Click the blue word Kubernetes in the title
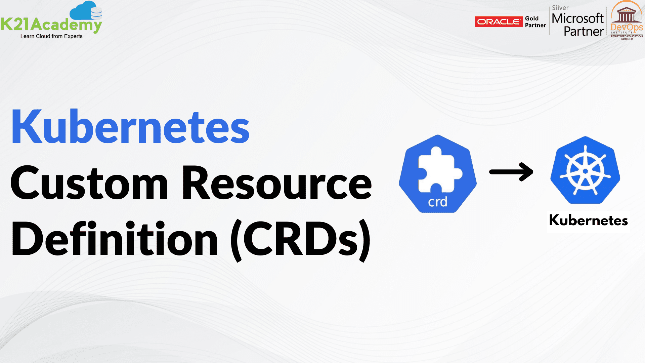point(130,127)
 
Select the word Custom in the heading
point(89,183)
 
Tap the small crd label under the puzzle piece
point(437,202)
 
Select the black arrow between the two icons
point(511,172)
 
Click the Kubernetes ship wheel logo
point(585,170)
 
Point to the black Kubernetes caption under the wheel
point(588,220)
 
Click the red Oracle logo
point(499,22)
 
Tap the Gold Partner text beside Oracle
point(535,22)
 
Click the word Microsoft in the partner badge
point(577,18)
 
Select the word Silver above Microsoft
point(560,7)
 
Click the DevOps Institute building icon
point(627,15)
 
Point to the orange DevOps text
point(627,27)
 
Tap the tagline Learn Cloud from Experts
point(51,36)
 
